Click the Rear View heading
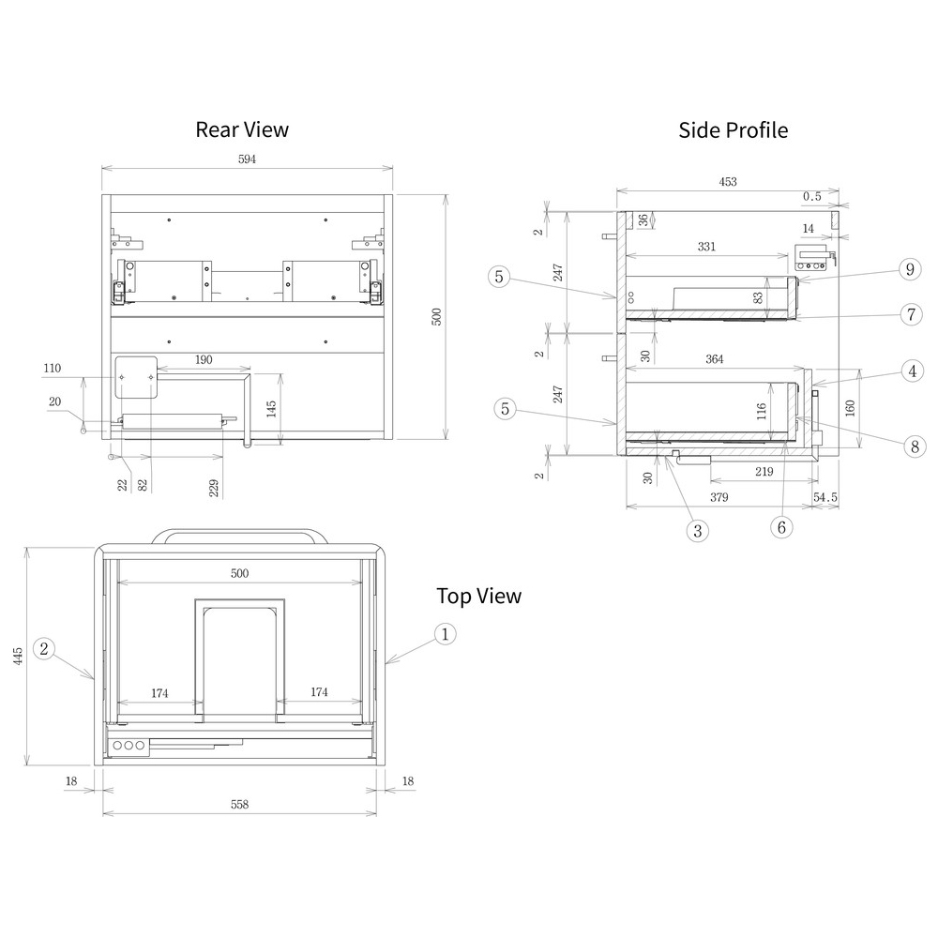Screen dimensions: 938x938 242,129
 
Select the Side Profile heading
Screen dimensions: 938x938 733,130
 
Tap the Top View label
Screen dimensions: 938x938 478,596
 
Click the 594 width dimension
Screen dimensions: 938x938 247,159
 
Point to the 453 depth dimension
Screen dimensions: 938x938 728,182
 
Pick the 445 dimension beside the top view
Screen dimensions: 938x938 18,656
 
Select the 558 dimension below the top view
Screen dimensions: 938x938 239,805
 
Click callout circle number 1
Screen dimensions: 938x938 445,634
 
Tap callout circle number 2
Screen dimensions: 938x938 44,648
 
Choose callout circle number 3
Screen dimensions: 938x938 698,531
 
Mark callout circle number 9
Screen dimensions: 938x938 910,269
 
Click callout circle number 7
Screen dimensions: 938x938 911,314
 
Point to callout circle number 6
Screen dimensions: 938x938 781,527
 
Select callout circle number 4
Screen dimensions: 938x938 913,371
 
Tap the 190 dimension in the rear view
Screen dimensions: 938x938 204,360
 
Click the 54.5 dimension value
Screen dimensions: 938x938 825,497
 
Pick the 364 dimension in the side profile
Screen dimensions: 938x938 714,359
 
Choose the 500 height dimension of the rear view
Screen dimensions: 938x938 436,316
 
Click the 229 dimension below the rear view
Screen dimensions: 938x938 214,488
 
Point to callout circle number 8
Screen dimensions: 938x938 915,446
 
